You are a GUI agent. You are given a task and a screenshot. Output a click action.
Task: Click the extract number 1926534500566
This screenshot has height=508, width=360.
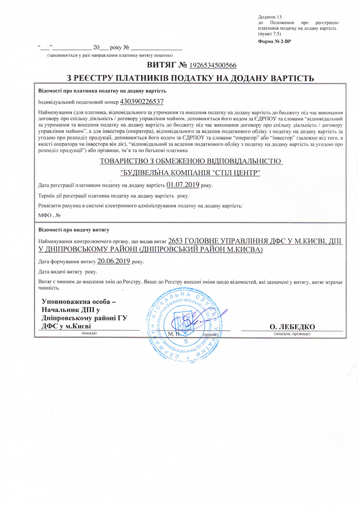click(213, 66)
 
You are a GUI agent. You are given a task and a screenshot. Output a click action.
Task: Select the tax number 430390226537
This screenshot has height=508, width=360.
click(142, 102)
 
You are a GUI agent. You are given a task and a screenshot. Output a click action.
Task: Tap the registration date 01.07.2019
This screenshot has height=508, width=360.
click(183, 185)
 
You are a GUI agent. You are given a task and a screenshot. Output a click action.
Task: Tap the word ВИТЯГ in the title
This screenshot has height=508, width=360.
click(161, 66)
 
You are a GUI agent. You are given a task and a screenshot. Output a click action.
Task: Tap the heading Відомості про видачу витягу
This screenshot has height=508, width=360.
click(74, 230)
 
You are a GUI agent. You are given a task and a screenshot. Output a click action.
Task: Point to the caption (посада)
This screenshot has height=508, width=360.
click(89, 333)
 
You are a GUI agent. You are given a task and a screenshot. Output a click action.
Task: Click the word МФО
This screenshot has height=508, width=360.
click(44, 215)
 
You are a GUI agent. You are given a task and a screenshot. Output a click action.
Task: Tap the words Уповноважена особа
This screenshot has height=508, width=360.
click(78, 302)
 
